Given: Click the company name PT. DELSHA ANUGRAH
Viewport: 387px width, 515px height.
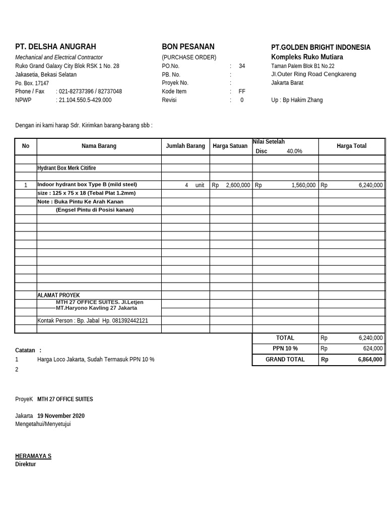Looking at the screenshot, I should click(55, 47).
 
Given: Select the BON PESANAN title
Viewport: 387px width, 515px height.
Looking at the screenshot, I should click(188, 47).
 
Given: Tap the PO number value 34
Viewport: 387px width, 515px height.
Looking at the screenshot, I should click(242, 66).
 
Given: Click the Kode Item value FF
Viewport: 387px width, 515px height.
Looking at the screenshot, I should click(242, 92).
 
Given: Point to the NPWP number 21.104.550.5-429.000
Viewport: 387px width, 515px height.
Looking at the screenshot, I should click(85, 100).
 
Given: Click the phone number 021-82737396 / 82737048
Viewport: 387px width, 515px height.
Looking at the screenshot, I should click(90, 92).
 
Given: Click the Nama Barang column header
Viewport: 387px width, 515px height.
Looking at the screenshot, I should click(99, 146).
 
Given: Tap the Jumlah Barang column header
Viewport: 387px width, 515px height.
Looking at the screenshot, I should click(185, 146).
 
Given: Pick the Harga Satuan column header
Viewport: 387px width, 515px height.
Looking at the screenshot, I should click(230, 146).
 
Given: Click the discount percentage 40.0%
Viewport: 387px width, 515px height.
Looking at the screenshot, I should click(294, 151).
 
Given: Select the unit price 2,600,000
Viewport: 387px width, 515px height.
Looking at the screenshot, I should click(238, 185).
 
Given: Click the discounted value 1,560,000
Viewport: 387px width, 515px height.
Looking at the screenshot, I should click(303, 185).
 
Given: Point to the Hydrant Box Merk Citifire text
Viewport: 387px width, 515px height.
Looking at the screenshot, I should click(67, 168).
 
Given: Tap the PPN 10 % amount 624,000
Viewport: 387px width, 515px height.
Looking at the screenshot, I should click(372, 349).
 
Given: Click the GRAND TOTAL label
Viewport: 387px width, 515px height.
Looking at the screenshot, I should click(285, 359).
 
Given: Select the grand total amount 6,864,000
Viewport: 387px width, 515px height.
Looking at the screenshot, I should click(370, 360).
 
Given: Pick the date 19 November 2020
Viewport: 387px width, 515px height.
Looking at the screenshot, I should click(61, 416).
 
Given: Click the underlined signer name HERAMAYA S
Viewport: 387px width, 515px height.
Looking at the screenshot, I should click(33, 456).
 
